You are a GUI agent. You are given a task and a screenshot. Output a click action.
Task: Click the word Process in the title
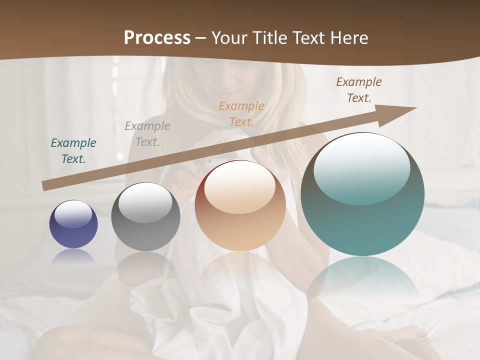[157, 38]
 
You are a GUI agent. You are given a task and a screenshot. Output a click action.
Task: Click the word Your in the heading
[230, 38]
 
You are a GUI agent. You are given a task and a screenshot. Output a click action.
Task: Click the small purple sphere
[73, 224]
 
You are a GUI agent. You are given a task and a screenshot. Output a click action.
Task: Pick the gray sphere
[145, 217]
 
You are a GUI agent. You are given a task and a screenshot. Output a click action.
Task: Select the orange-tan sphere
[240, 206]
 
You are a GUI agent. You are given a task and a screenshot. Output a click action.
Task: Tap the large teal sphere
[362, 194]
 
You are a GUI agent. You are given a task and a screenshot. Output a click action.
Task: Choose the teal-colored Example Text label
[73, 151]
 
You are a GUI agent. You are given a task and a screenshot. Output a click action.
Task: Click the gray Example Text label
[147, 134]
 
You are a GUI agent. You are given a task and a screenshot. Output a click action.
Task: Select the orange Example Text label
[241, 114]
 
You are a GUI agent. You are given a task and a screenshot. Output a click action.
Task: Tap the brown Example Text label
[359, 90]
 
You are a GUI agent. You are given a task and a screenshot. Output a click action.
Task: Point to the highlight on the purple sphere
[73, 213]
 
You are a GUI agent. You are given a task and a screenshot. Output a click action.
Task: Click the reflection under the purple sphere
[73, 257]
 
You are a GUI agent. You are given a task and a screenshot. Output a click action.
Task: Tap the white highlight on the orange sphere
[240, 186]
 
